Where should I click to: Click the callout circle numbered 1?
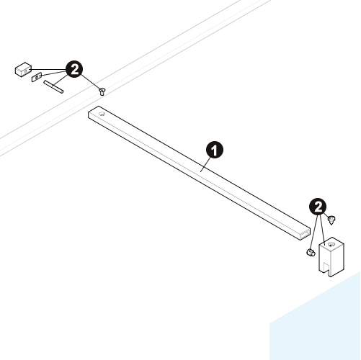click(214, 150)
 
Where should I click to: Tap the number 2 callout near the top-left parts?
click(74, 69)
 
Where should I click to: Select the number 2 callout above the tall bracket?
click(318, 207)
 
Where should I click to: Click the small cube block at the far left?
click(24, 69)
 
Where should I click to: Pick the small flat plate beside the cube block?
click(37, 77)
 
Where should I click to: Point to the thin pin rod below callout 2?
click(53, 86)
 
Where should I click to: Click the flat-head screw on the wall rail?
click(102, 91)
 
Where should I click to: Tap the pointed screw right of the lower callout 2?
click(331, 220)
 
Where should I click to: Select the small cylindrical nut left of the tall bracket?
click(311, 253)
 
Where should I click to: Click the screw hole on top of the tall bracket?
click(331, 245)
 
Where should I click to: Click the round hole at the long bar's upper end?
click(102, 114)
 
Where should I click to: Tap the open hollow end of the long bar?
click(305, 235)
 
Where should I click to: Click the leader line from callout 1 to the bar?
click(205, 164)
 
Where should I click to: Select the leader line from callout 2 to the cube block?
click(48, 70)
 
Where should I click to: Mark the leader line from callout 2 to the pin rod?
click(60, 80)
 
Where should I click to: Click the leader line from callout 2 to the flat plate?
click(53, 73)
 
